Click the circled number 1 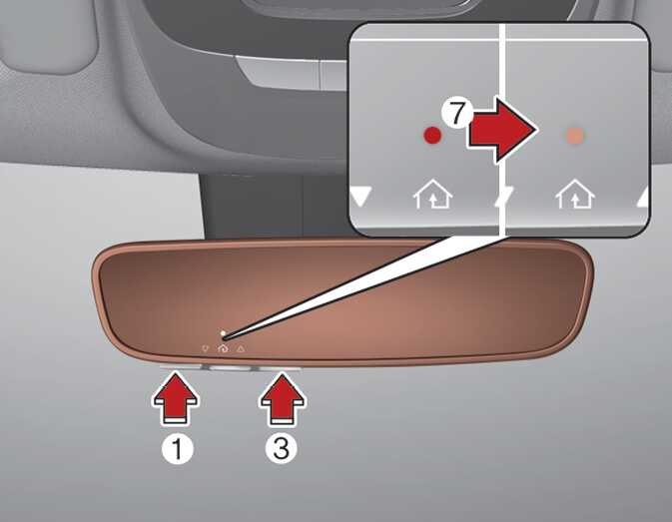[178, 449]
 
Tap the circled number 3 [282, 448]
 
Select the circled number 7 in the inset [457, 113]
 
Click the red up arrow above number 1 [176, 398]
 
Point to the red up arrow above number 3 [283, 398]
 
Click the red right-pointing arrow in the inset [501, 130]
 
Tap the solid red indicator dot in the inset [432, 135]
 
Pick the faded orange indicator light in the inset [575, 136]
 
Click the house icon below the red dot [433, 194]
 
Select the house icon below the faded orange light [575, 194]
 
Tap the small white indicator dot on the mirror [223, 332]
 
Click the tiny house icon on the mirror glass [223, 348]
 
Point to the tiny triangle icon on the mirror [241, 349]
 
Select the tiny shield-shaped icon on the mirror [205, 349]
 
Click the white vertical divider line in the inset [502, 130]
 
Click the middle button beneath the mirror [227, 368]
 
